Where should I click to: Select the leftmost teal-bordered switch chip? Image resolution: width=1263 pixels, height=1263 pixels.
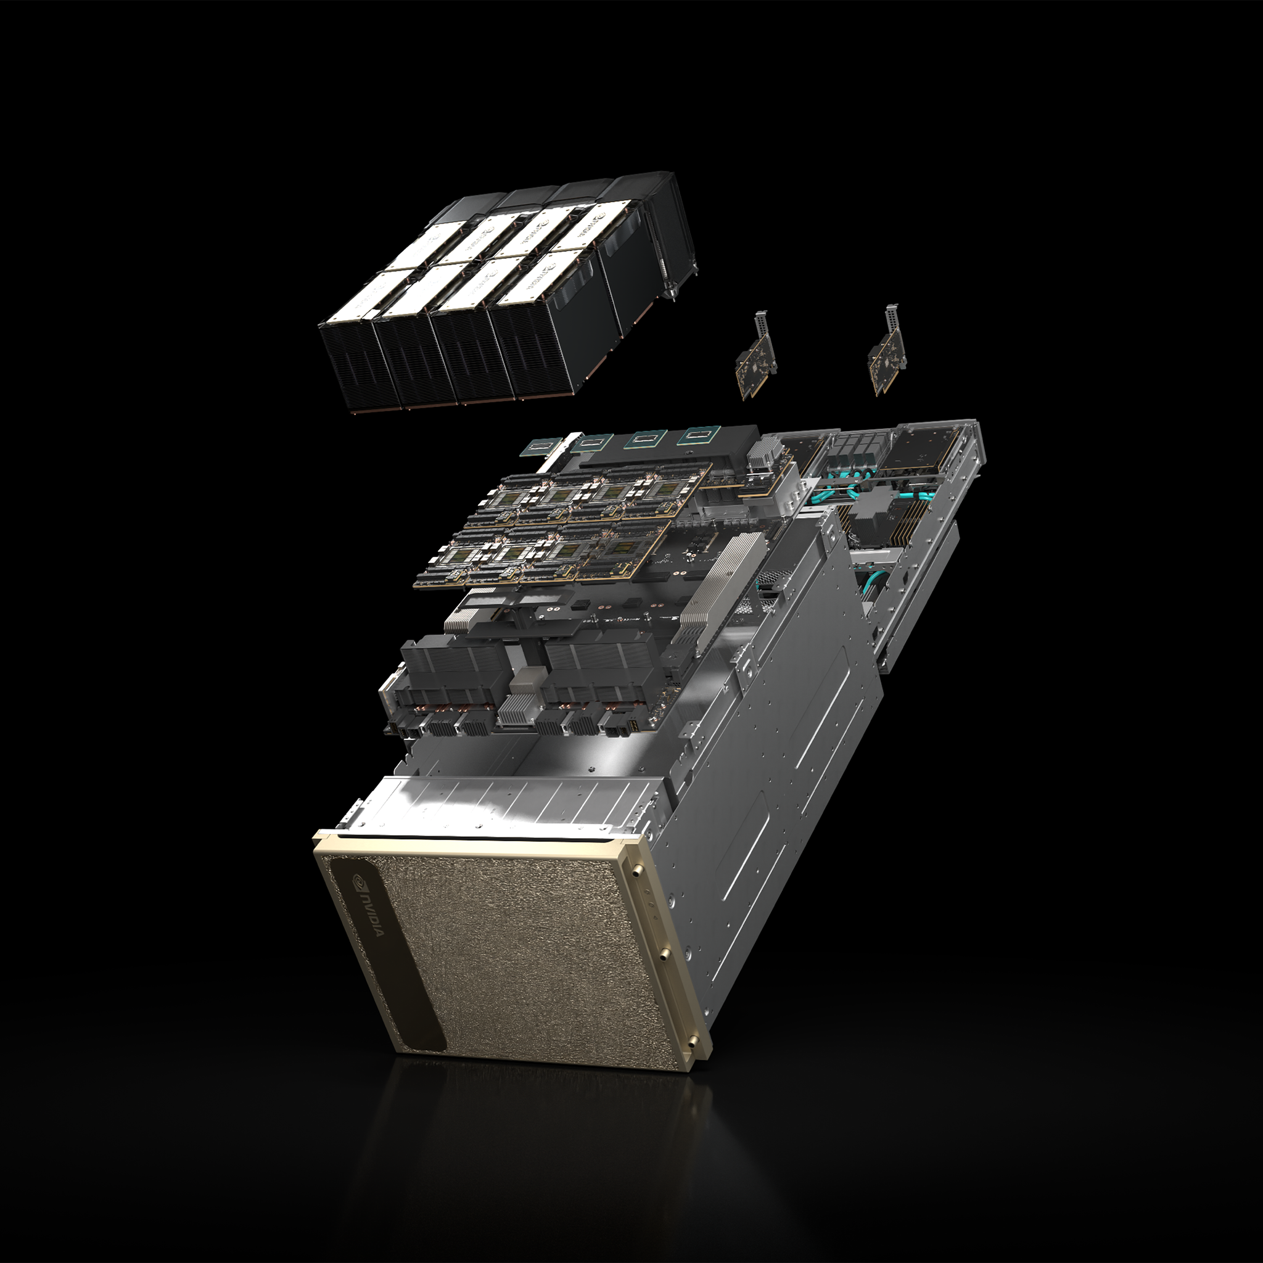(x=540, y=447)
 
